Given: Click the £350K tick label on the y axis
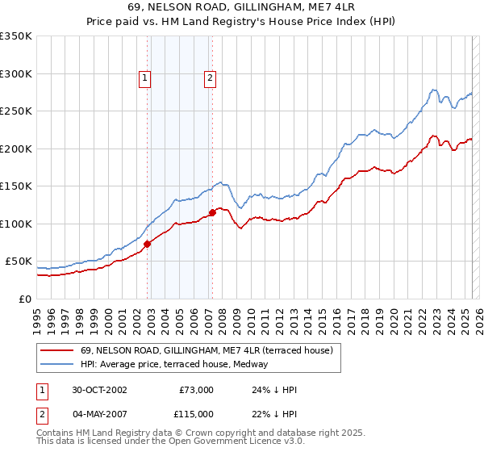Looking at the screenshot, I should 16,36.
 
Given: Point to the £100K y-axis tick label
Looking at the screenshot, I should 16,224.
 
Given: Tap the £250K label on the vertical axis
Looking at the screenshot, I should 16,111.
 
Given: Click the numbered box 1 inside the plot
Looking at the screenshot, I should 144,78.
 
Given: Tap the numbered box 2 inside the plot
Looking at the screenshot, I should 210,78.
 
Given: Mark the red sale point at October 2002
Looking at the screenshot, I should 148,243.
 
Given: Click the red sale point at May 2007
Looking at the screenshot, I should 212,212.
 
